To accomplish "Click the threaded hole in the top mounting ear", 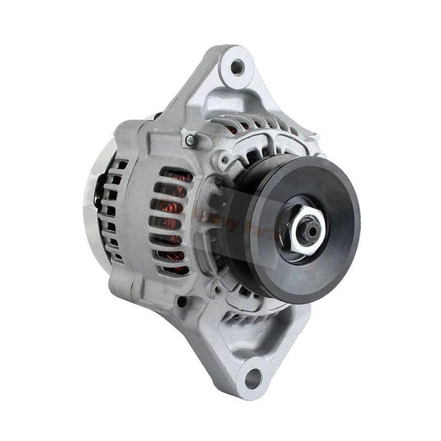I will coord(237,67).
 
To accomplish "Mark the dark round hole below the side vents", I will coord(181,302).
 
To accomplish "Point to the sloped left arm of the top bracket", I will coord(193,91).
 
